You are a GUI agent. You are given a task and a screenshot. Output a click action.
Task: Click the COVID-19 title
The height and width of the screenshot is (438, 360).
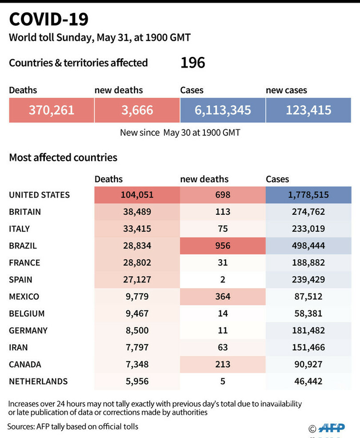[x=49, y=20]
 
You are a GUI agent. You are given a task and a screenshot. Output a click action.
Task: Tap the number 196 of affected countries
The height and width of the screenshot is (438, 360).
[x=192, y=63]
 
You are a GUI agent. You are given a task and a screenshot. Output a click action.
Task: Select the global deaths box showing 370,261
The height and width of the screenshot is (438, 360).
[x=52, y=110]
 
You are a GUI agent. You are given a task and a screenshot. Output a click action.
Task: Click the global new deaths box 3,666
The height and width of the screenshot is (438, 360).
[x=137, y=110]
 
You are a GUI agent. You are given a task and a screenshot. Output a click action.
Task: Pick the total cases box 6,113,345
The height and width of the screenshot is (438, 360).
[x=223, y=110]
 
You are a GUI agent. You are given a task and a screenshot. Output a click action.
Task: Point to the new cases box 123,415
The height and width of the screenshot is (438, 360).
[x=308, y=110]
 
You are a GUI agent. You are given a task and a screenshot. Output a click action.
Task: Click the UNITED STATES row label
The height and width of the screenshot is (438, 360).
[x=40, y=195]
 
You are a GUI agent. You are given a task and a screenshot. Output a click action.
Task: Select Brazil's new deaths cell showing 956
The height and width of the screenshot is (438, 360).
[x=223, y=245]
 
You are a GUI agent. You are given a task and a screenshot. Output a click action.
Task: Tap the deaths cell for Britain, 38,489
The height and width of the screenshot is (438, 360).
[x=137, y=212]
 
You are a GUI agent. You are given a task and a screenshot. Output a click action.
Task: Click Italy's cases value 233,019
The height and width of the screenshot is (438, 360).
[x=308, y=229]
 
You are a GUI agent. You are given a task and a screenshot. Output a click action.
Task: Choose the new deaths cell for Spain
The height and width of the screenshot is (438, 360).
[x=223, y=279]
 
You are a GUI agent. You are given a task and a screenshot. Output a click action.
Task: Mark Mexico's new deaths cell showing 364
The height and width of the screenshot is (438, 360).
[x=223, y=296]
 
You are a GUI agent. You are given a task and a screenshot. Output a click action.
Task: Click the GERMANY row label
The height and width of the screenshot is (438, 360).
[x=28, y=330]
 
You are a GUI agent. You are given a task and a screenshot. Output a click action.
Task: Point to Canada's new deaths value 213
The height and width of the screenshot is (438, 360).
[x=223, y=364]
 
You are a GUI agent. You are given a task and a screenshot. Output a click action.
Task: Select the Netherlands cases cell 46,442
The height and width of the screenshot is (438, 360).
[x=308, y=381]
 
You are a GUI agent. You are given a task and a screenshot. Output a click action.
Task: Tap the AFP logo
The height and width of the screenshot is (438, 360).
[x=335, y=428]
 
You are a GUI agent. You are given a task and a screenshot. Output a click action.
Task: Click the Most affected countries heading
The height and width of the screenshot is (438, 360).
[x=63, y=157]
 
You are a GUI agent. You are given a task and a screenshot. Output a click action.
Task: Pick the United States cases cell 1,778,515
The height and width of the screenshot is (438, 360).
[x=308, y=195]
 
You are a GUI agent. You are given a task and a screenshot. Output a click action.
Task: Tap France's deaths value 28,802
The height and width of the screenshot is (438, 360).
[x=137, y=262]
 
